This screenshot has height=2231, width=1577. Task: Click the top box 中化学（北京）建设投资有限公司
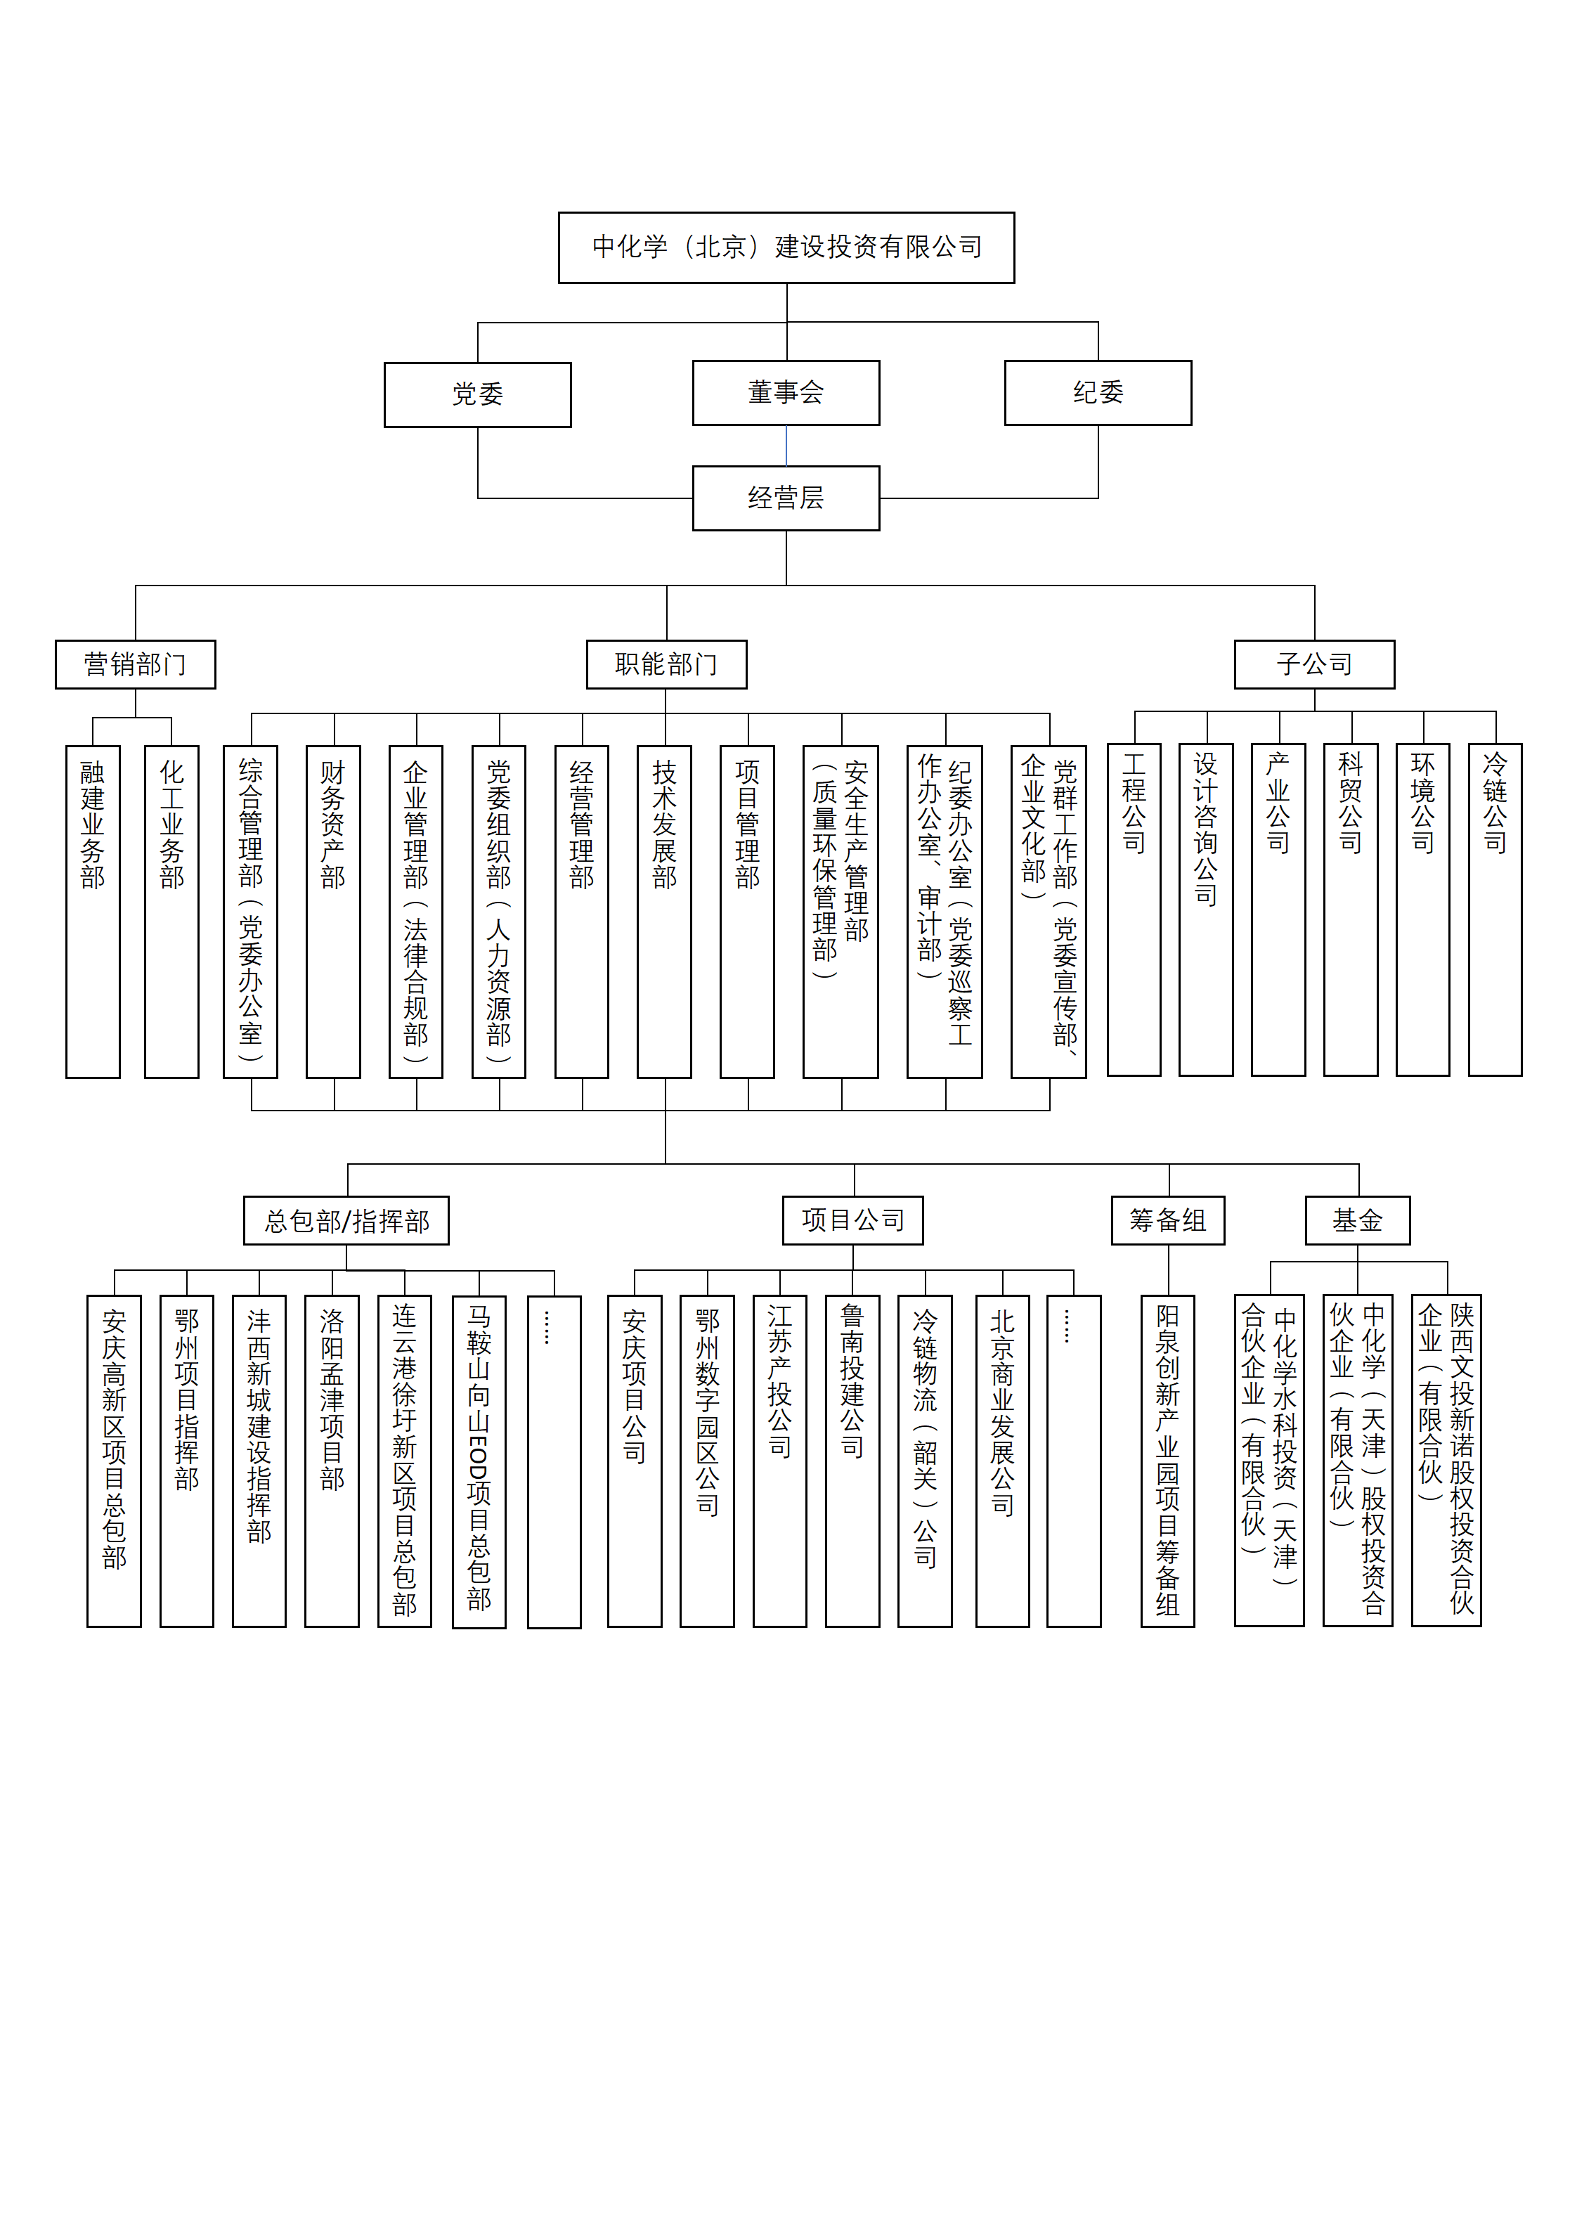click(786, 248)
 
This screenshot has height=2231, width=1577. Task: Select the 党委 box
click(477, 394)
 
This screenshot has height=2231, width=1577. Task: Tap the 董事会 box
click(786, 392)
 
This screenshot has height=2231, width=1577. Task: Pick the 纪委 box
click(1098, 392)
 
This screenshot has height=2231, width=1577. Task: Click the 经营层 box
click(786, 498)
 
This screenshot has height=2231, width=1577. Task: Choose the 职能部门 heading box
click(666, 665)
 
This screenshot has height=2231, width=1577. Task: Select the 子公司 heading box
click(1315, 665)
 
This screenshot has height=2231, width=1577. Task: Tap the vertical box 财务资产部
click(333, 912)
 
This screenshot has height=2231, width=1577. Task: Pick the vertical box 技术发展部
click(665, 912)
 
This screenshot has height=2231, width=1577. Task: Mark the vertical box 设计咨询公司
click(1206, 910)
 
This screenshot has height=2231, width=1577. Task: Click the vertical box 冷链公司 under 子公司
click(1495, 910)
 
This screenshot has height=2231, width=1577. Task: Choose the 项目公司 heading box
click(853, 1220)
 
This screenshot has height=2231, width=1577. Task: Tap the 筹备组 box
click(1168, 1220)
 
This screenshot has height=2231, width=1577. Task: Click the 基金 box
click(1358, 1220)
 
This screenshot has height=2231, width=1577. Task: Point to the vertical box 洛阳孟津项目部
click(332, 1461)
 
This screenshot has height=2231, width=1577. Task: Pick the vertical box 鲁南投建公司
click(852, 1461)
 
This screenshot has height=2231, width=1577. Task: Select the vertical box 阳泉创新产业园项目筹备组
click(1168, 1461)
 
